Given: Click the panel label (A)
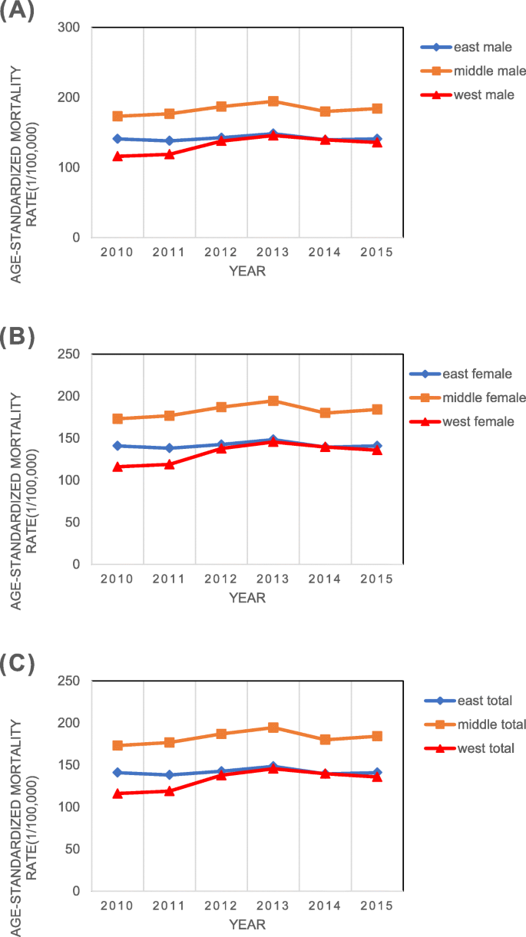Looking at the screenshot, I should [18, 13].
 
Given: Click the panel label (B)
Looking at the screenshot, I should [18, 337].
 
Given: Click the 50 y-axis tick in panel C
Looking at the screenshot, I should [74, 849].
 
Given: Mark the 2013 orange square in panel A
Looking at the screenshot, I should [273, 101].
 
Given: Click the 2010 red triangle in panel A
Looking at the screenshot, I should [117, 157].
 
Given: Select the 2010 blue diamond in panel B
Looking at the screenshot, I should [117, 446].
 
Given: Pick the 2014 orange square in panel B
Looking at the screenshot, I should [325, 413].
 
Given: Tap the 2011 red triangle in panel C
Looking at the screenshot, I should [169, 790].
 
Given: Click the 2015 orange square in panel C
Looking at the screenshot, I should [377, 736].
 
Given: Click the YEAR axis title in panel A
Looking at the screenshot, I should [246, 271].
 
